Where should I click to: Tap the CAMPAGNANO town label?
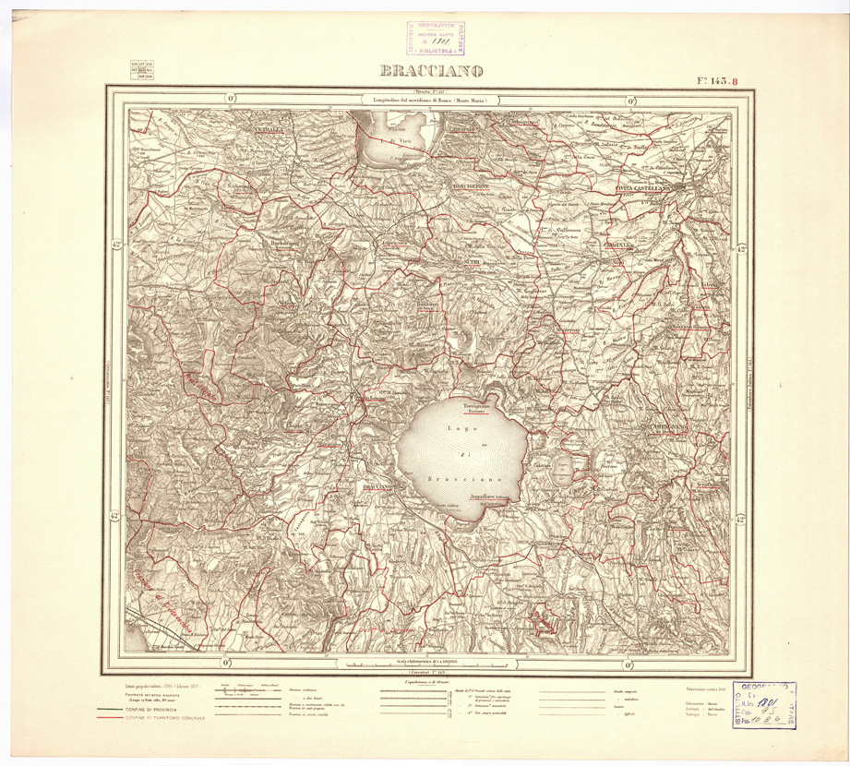point(652,425)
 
